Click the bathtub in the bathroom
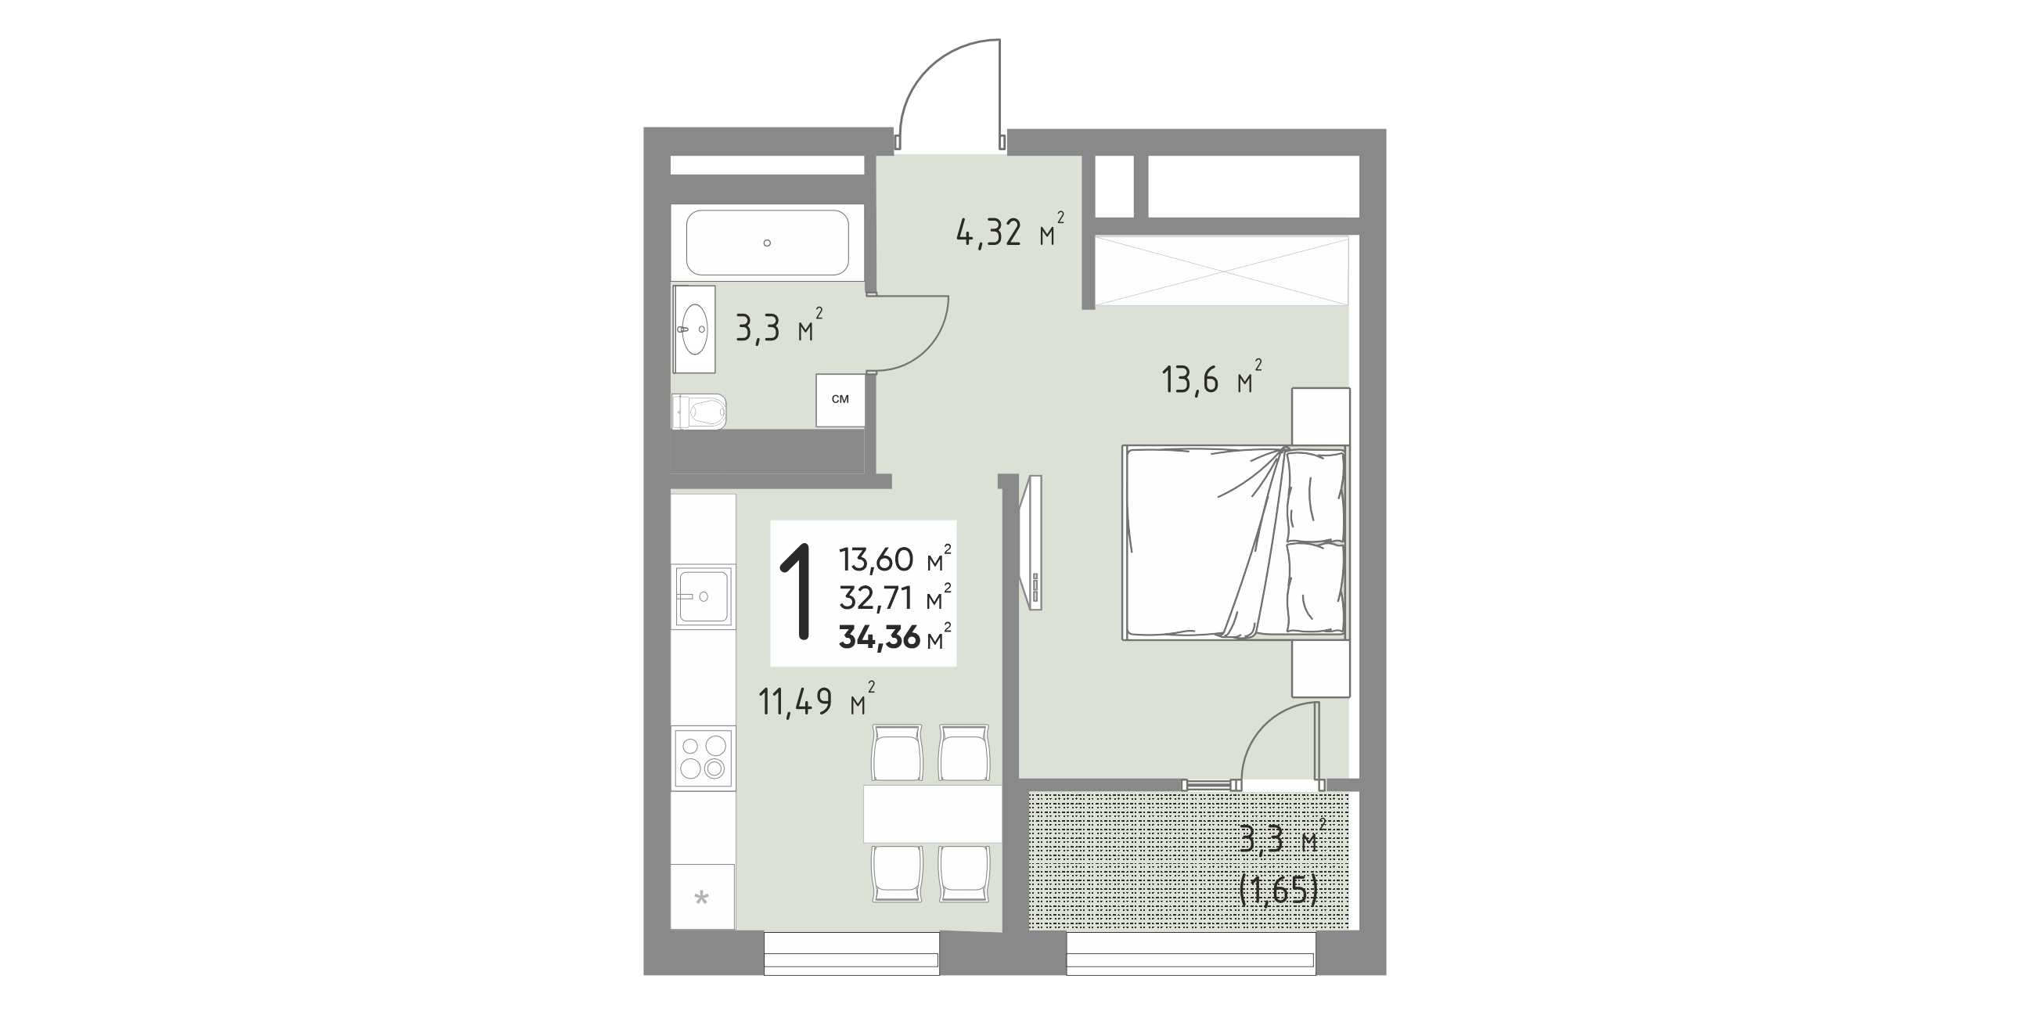[x=767, y=243]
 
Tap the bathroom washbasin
[x=142, y=329]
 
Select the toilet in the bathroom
[x=147, y=411]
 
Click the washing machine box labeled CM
[x=840, y=400]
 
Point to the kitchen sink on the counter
[x=151, y=596]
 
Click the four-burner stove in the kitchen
[x=151, y=756]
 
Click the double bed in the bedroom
[x=1236, y=542]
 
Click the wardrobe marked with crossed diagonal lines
[x=1222, y=270]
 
